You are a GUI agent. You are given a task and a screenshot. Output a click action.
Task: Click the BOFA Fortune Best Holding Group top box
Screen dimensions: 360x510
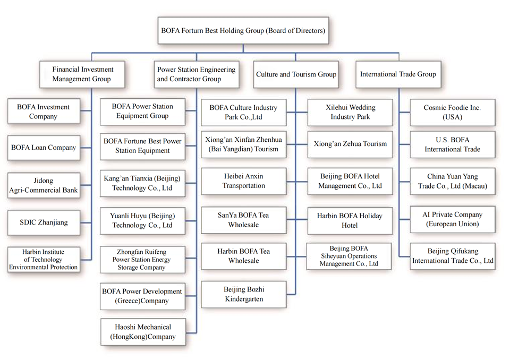click(243, 30)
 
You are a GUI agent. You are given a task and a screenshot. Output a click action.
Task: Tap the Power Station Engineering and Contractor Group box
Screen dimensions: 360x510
click(196, 74)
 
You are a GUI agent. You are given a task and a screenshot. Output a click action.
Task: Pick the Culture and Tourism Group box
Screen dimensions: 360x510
click(296, 74)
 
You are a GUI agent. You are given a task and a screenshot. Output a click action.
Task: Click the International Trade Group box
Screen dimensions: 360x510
click(398, 74)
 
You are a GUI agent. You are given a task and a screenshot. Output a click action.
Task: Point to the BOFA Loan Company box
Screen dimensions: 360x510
click(44, 148)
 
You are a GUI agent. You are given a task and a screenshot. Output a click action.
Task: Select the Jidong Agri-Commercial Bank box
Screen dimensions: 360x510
click(44, 185)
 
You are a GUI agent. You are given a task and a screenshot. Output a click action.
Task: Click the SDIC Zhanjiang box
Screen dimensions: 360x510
click(44, 222)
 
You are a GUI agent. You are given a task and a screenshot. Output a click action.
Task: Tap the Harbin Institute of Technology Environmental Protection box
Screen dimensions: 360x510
click(44, 260)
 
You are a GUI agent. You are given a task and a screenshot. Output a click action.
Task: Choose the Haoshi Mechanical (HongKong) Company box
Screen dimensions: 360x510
click(143, 332)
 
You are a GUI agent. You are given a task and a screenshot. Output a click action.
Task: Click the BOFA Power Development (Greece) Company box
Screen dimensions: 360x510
click(143, 296)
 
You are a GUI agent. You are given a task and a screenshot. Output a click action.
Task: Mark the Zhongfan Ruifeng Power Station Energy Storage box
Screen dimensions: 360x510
click(143, 260)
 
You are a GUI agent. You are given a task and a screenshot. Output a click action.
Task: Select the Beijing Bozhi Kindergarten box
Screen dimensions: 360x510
click(244, 295)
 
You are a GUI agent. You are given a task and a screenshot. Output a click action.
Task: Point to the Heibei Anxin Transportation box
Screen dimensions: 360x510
click(244, 181)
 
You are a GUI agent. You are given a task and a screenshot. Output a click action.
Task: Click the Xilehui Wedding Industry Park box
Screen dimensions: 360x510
click(350, 112)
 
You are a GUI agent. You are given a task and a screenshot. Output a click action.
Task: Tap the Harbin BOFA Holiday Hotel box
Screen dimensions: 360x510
click(350, 220)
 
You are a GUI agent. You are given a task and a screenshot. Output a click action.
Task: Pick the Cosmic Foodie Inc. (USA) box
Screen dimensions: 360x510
click(452, 112)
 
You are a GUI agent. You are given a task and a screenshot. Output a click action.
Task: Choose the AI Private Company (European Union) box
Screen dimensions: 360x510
click(452, 219)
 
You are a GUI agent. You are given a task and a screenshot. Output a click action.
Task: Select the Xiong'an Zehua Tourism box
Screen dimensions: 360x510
click(350, 144)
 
